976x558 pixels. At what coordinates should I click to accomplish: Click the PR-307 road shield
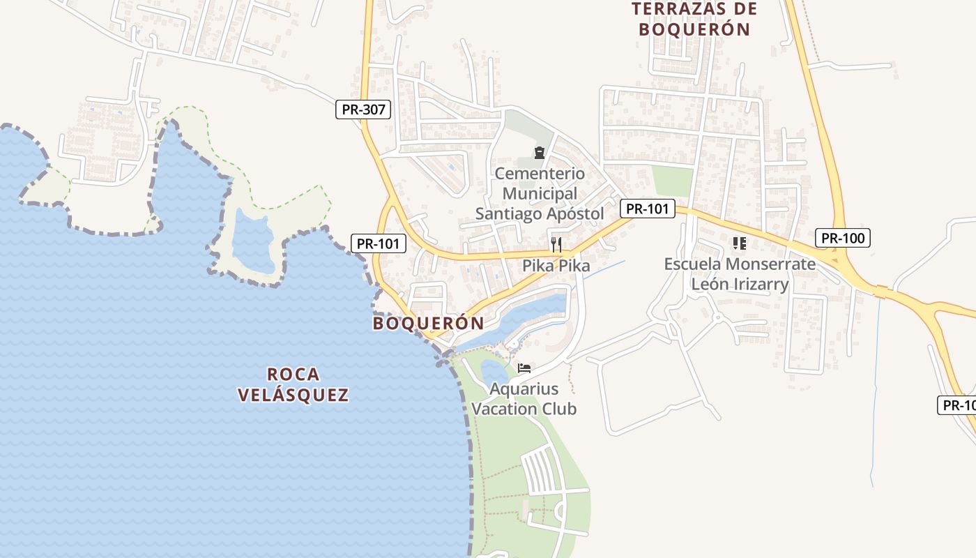tap(363, 110)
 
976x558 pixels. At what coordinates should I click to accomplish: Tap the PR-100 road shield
tap(842, 238)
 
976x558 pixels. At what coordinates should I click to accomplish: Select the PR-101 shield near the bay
tap(378, 243)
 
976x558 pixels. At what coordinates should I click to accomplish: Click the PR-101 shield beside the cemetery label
tap(648, 208)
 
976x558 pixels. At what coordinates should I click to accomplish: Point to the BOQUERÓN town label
tap(428, 324)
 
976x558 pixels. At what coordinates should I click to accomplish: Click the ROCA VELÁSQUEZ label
tap(293, 384)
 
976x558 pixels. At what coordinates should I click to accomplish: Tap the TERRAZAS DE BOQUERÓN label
tap(694, 19)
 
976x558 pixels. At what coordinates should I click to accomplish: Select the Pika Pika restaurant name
tap(556, 266)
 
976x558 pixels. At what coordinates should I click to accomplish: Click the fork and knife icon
tap(556, 244)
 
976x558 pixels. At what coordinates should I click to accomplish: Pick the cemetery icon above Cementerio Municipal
tap(539, 152)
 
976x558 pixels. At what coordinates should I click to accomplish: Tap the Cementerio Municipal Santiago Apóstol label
tap(540, 193)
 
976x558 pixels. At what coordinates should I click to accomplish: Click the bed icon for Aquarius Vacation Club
tap(524, 368)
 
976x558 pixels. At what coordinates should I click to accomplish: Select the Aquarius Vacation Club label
tap(524, 398)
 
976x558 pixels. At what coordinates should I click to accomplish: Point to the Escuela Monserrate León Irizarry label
tap(739, 274)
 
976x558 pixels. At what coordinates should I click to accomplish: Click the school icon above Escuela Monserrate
tap(740, 243)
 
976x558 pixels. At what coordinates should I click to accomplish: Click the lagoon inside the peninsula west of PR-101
tap(252, 241)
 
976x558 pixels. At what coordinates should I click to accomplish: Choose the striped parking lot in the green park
tap(542, 470)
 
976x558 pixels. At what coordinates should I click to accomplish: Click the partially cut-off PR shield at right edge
tap(959, 405)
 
